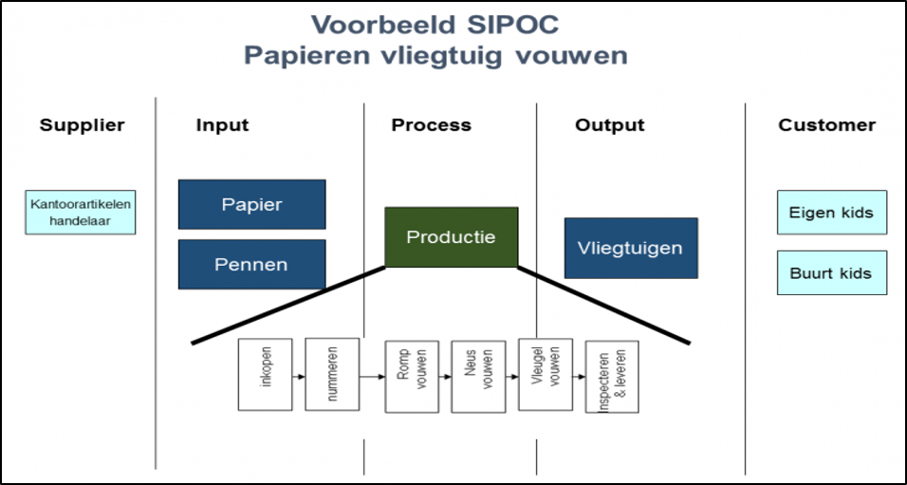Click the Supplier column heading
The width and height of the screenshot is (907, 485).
click(82, 125)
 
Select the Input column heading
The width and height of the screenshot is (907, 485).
click(222, 125)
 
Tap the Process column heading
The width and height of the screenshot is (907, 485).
click(431, 125)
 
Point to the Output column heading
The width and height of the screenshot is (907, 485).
click(609, 125)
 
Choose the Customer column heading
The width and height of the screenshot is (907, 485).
click(826, 125)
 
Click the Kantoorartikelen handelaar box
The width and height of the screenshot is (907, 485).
click(82, 213)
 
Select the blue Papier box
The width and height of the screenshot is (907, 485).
click(251, 204)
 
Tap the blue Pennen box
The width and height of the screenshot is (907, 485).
click(251, 264)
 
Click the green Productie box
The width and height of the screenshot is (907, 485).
click(451, 236)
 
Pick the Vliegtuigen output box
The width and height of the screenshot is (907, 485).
click(630, 248)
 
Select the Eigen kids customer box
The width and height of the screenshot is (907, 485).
click(831, 213)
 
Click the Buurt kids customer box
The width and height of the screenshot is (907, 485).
click(831, 272)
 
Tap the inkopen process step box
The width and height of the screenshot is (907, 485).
click(265, 376)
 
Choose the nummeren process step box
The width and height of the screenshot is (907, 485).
click(332, 374)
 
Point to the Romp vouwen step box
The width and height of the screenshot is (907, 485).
click(411, 376)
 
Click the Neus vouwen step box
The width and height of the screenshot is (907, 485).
click(478, 376)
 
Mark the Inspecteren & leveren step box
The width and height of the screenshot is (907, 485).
click(612, 377)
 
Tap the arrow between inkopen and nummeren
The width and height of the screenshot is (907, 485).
click(299, 376)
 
